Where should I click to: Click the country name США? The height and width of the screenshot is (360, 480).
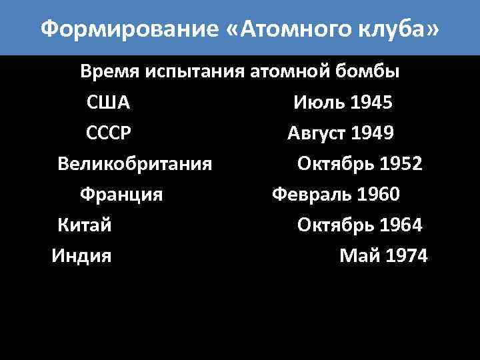point(108,103)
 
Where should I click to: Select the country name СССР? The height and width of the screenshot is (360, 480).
point(109,133)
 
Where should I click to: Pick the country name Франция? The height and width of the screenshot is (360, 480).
point(121,195)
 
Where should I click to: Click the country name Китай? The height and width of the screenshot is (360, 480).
point(85,225)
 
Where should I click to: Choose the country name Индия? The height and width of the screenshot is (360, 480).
point(82,255)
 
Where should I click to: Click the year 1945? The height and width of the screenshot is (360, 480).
point(371,103)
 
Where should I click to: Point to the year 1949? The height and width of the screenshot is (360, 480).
point(371,133)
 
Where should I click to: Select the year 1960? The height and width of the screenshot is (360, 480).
point(378,195)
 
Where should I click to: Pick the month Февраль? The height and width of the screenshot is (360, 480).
point(312,195)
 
